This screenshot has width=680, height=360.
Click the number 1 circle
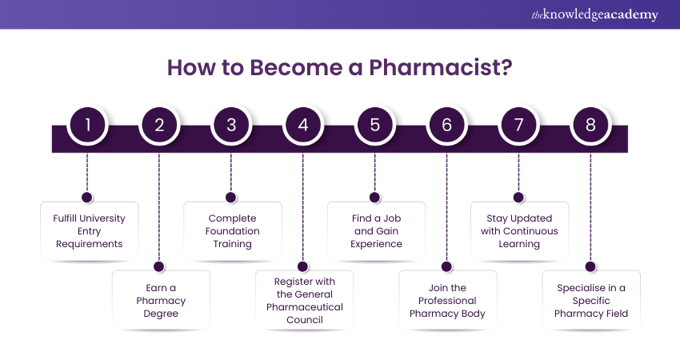click(86, 126)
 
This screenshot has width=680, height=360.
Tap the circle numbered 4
click(302, 126)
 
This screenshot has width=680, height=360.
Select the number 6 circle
click(446, 126)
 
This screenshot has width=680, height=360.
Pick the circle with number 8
click(590, 126)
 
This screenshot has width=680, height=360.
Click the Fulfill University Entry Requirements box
click(89, 230)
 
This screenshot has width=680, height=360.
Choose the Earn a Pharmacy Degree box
click(160, 301)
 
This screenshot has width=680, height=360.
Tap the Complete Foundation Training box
click(233, 230)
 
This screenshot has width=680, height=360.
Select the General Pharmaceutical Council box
click(304, 301)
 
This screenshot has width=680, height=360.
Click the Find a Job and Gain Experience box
click(376, 230)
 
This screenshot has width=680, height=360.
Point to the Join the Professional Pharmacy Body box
click(448, 301)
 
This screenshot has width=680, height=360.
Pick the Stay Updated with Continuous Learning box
click(519, 230)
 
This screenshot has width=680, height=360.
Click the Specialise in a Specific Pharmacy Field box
click(591, 301)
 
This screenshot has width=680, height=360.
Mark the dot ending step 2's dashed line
click(159, 266)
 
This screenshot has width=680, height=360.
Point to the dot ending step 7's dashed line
click(518, 197)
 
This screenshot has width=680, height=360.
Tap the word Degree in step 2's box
click(160, 314)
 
